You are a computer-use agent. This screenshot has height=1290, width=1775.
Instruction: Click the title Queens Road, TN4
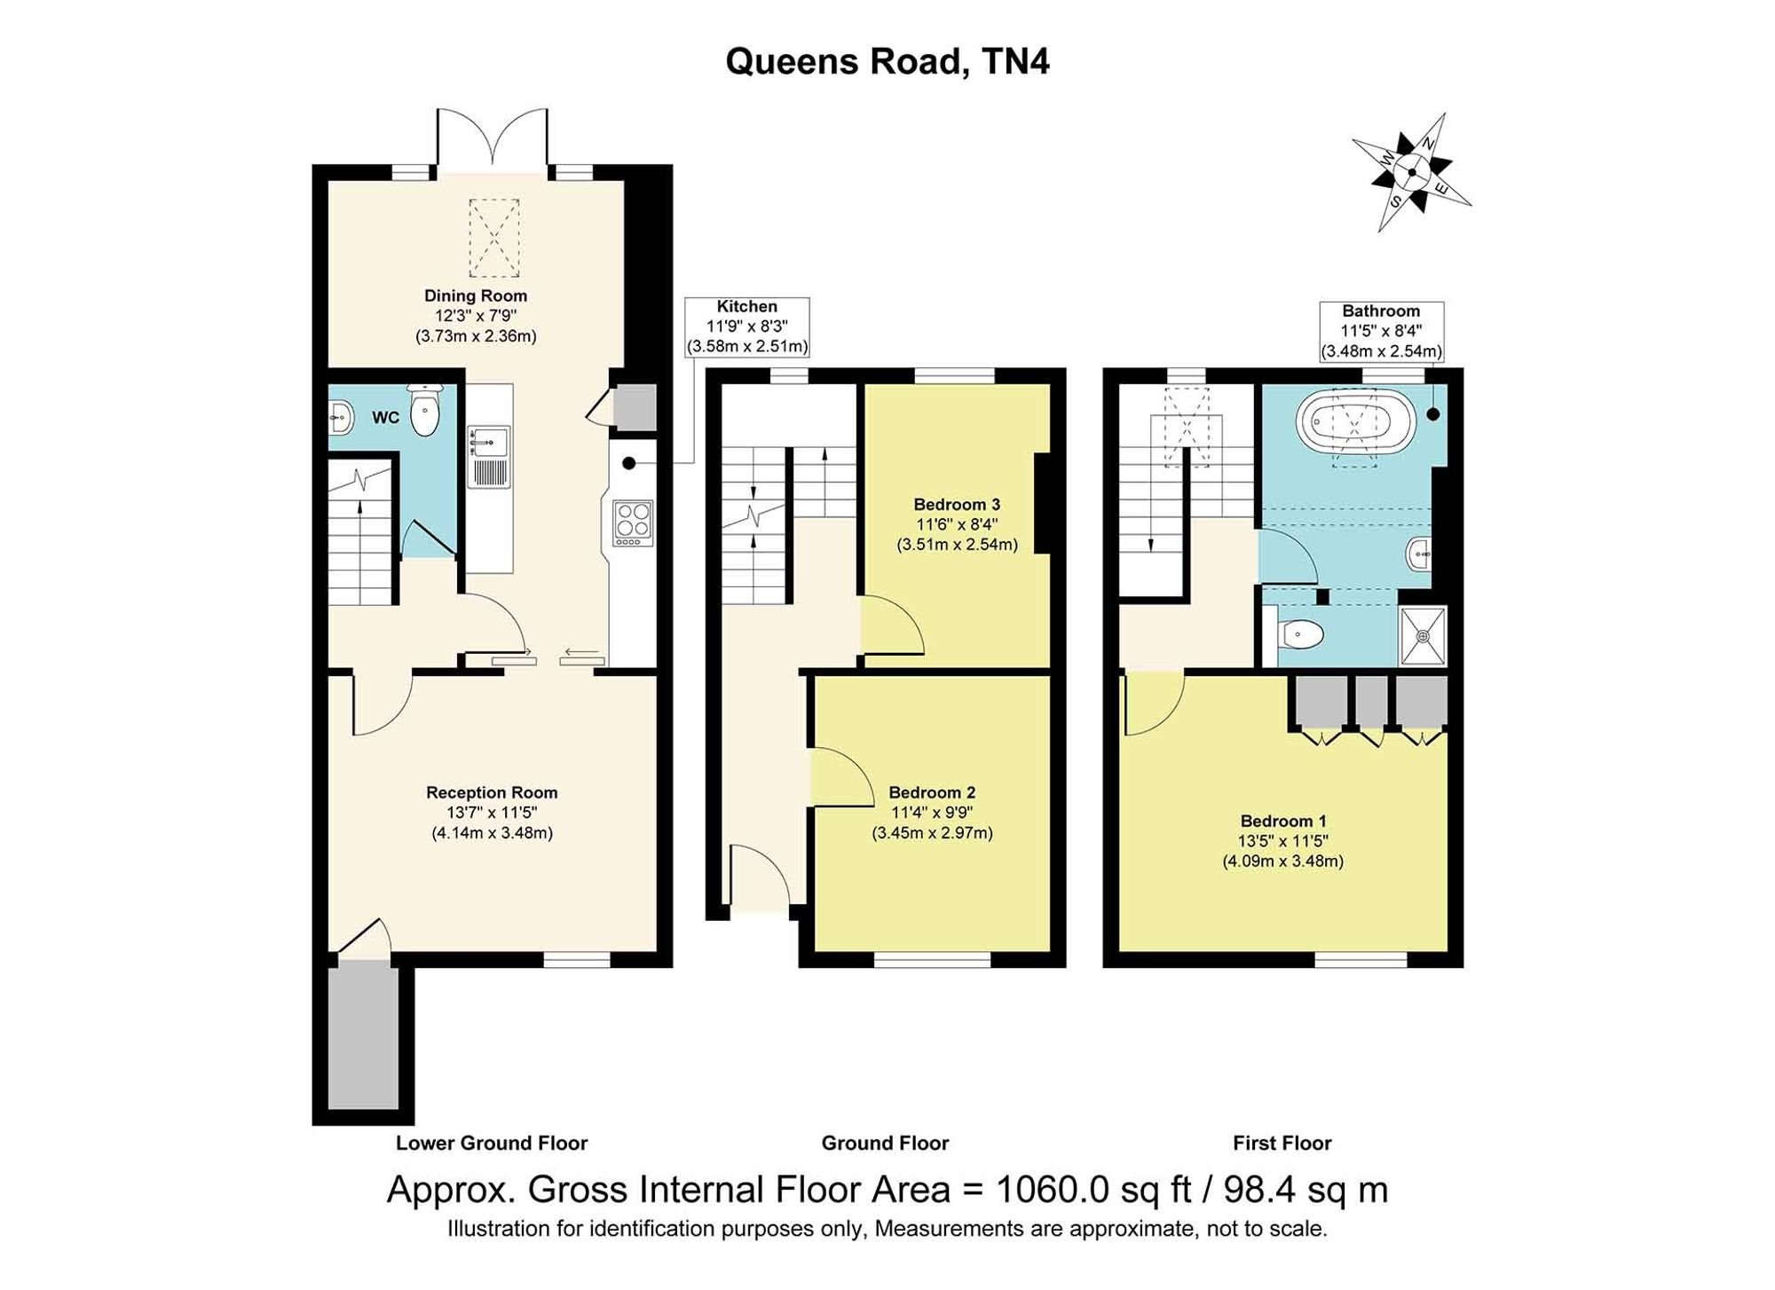click(887, 62)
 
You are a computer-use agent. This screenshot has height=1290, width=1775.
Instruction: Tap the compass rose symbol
click(1412, 172)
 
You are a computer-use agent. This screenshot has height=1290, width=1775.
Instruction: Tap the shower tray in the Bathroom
click(1423, 635)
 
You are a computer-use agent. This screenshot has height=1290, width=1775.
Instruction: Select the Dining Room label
click(476, 295)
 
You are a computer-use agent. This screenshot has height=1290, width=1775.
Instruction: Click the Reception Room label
click(492, 792)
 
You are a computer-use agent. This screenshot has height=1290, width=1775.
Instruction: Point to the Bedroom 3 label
click(957, 505)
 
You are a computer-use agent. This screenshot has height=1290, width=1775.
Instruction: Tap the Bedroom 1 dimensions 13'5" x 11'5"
click(1283, 841)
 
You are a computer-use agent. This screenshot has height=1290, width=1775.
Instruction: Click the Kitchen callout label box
click(747, 327)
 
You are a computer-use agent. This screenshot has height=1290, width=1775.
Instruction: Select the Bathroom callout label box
click(1381, 332)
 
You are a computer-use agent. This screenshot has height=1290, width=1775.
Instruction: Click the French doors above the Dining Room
click(493, 140)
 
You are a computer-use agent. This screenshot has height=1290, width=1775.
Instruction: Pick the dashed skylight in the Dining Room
click(493, 238)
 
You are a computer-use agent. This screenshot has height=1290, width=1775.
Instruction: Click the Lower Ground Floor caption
click(492, 1144)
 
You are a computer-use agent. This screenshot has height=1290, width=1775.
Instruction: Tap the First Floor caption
click(1282, 1144)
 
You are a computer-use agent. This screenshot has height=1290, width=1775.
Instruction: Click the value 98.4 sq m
click(1306, 1190)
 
